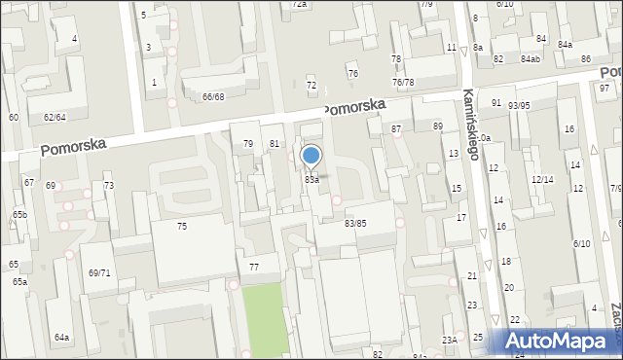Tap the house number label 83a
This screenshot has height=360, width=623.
point(311,180)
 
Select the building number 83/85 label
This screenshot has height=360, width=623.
point(355,223)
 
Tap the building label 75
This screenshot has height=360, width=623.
point(181,226)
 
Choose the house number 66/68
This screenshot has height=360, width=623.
point(213,96)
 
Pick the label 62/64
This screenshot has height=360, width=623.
point(54,117)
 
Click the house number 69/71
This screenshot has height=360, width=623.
point(99,273)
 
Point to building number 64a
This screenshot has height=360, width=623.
point(61,338)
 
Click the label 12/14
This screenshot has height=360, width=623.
point(541,180)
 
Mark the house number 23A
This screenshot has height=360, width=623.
point(449,340)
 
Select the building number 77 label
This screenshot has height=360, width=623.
point(254,267)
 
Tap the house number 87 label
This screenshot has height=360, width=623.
point(396,128)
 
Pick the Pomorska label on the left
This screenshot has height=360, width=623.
point(73,146)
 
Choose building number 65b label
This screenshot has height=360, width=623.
point(19,214)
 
